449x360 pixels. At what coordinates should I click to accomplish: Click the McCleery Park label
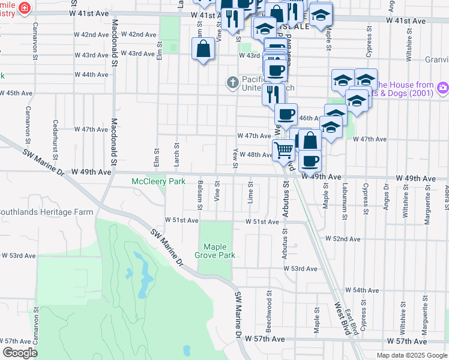[x=158, y=181]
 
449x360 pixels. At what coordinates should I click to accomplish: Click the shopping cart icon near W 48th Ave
[x=283, y=150]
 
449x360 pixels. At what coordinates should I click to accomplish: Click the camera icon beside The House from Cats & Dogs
[x=443, y=88]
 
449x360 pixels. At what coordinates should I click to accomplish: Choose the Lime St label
[x=250, y=194]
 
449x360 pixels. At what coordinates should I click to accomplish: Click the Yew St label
[x=234, y=156]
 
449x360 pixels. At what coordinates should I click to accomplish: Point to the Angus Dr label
[x=386, y=199]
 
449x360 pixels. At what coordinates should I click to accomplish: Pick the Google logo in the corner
[x=20, y=353]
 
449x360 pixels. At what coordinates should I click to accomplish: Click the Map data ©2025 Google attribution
[x=411, y=355]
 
